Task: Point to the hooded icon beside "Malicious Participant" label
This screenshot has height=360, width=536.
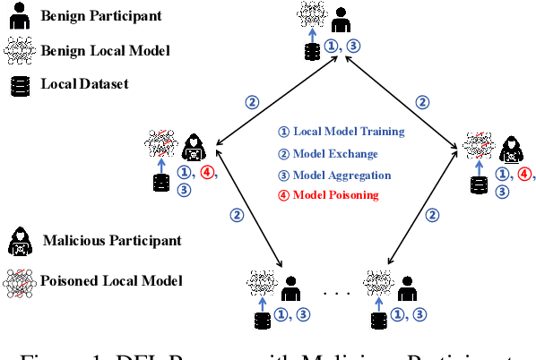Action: (19, 239)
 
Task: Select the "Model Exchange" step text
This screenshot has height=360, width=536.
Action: (337, 153)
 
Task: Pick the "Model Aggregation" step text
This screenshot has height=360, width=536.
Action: (346, 174)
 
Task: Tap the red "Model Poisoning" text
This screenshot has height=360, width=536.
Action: (341, 195)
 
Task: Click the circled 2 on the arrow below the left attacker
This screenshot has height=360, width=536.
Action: (238, 215)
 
